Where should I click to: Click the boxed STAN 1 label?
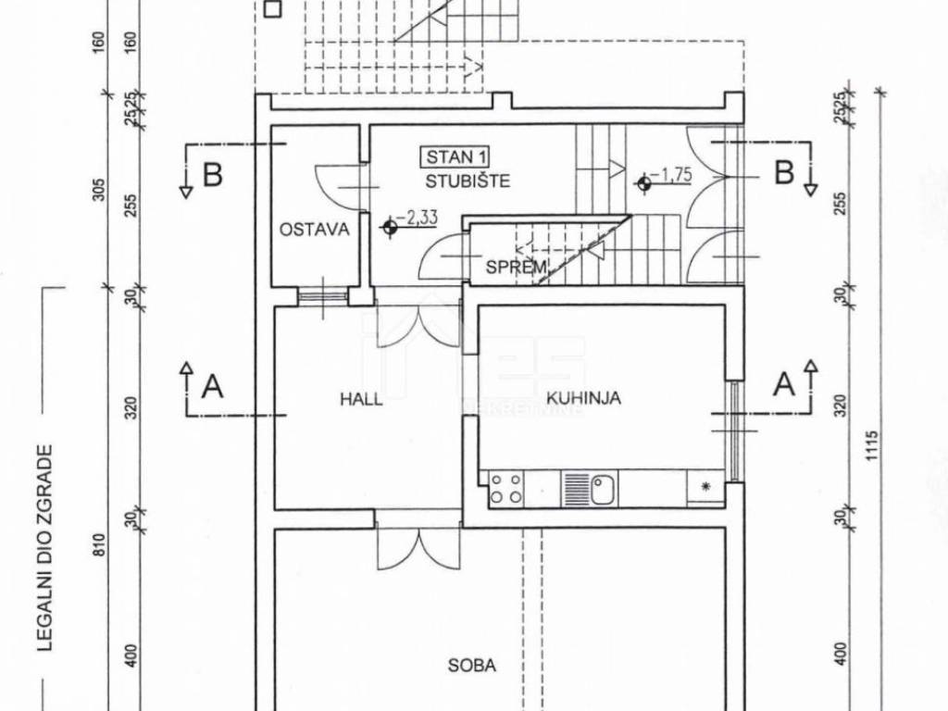pyautogui.click(x=455, y=157)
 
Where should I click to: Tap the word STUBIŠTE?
pyautogui.click(x=468, y=181)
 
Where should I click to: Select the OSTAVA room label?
pyautogui.click(x=315, y=230)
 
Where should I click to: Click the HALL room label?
pyautogui.click(x=361, y=399)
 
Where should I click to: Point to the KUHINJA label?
pyautogui.click(x=583, y=398)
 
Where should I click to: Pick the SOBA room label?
pyautogui.click(x=471, y=666)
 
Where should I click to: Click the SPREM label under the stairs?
pyautogui.click(x=517, y=266)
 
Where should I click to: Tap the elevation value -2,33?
pyautogui.click(x=418, y=217)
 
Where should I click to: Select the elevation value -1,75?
pyautogui.click(x=672, y=175)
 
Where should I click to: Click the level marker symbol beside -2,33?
pyautogui.click(x=389, y=228)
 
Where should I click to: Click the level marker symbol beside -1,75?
pyautogui.click(x=644, y=182)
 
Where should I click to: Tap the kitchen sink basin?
pyautogui.click(x=603, y=489)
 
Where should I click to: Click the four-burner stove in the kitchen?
pyautogui.click(x=506, y=489)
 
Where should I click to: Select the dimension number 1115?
pyautogui.click(x=871, y=445)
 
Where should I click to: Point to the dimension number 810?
pyautogui.click(x=100, y=544)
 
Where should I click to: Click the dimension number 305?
pyautogui.click(x=100, y=189)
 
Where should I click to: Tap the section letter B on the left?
pyautogui.click(x=212, y=175)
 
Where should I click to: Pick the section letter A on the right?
pyautogui.click(x=784, y=384)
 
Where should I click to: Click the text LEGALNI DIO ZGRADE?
pyautogui.click(x=44, y=548)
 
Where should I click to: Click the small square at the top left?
pyautogui.click(x=273, y=9)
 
